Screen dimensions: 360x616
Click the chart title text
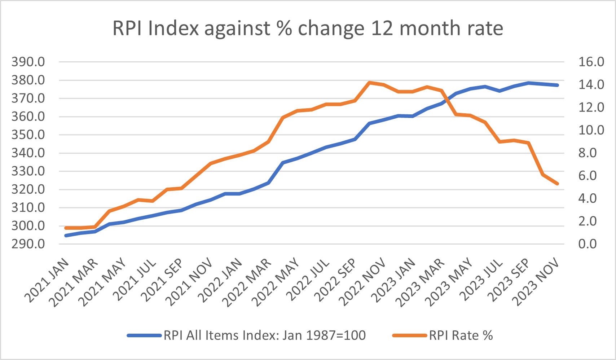pos(308,28)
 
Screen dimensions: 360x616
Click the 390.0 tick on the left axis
pos(28,62)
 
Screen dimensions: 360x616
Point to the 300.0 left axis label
pos(28,226)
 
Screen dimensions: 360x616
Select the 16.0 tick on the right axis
pos(591,62)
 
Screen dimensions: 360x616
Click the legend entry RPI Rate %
pos(461,335)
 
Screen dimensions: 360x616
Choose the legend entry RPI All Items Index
pos(264,335)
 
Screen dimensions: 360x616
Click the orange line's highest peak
pos(369,83)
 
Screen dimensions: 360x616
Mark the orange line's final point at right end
pos(557,184)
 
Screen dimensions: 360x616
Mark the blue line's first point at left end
pos(66,236)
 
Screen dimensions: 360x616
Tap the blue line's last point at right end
pos(557,85)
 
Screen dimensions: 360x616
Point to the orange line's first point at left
pos(66,228)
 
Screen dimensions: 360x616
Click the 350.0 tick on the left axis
pos(28,135)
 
